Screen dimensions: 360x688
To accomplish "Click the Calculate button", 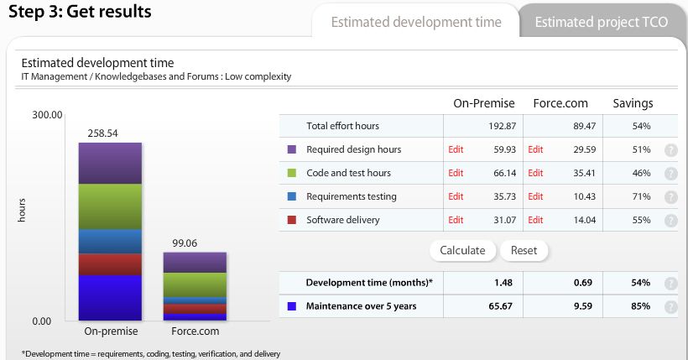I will click(462, 250).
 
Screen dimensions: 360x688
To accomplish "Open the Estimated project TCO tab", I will click(602, 22).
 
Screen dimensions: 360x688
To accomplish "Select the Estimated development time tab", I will click(416, 22).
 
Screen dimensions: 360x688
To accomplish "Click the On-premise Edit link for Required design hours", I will click(456, 149).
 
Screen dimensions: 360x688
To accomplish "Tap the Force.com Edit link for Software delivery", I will click(535, 220).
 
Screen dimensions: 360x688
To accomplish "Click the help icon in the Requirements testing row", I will click(670, 197).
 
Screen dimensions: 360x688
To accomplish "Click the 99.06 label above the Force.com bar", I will click(183, 243).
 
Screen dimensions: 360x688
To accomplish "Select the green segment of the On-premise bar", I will click(110, 206).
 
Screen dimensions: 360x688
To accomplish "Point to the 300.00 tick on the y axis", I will click(48, 115).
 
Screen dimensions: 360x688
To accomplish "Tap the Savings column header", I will click(632, 103).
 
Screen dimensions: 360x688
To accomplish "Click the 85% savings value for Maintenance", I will click(641, 306).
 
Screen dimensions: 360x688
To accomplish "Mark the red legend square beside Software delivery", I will click(292, 220).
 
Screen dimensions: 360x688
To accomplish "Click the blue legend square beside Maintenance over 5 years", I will click(292, 306).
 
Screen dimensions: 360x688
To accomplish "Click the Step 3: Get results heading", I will click(81, 12).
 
